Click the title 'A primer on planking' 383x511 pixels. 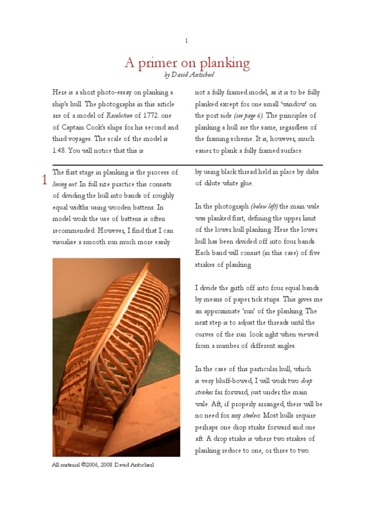click(187, 63)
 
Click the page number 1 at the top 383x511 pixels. click(187, 41)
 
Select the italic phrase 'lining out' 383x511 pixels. click(64, 184)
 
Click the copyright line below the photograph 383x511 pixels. click(103, 465)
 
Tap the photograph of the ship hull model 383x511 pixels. click(116, 357)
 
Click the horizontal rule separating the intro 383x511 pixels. click(187, 165)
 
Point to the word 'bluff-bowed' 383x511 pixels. click(227, 381)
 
